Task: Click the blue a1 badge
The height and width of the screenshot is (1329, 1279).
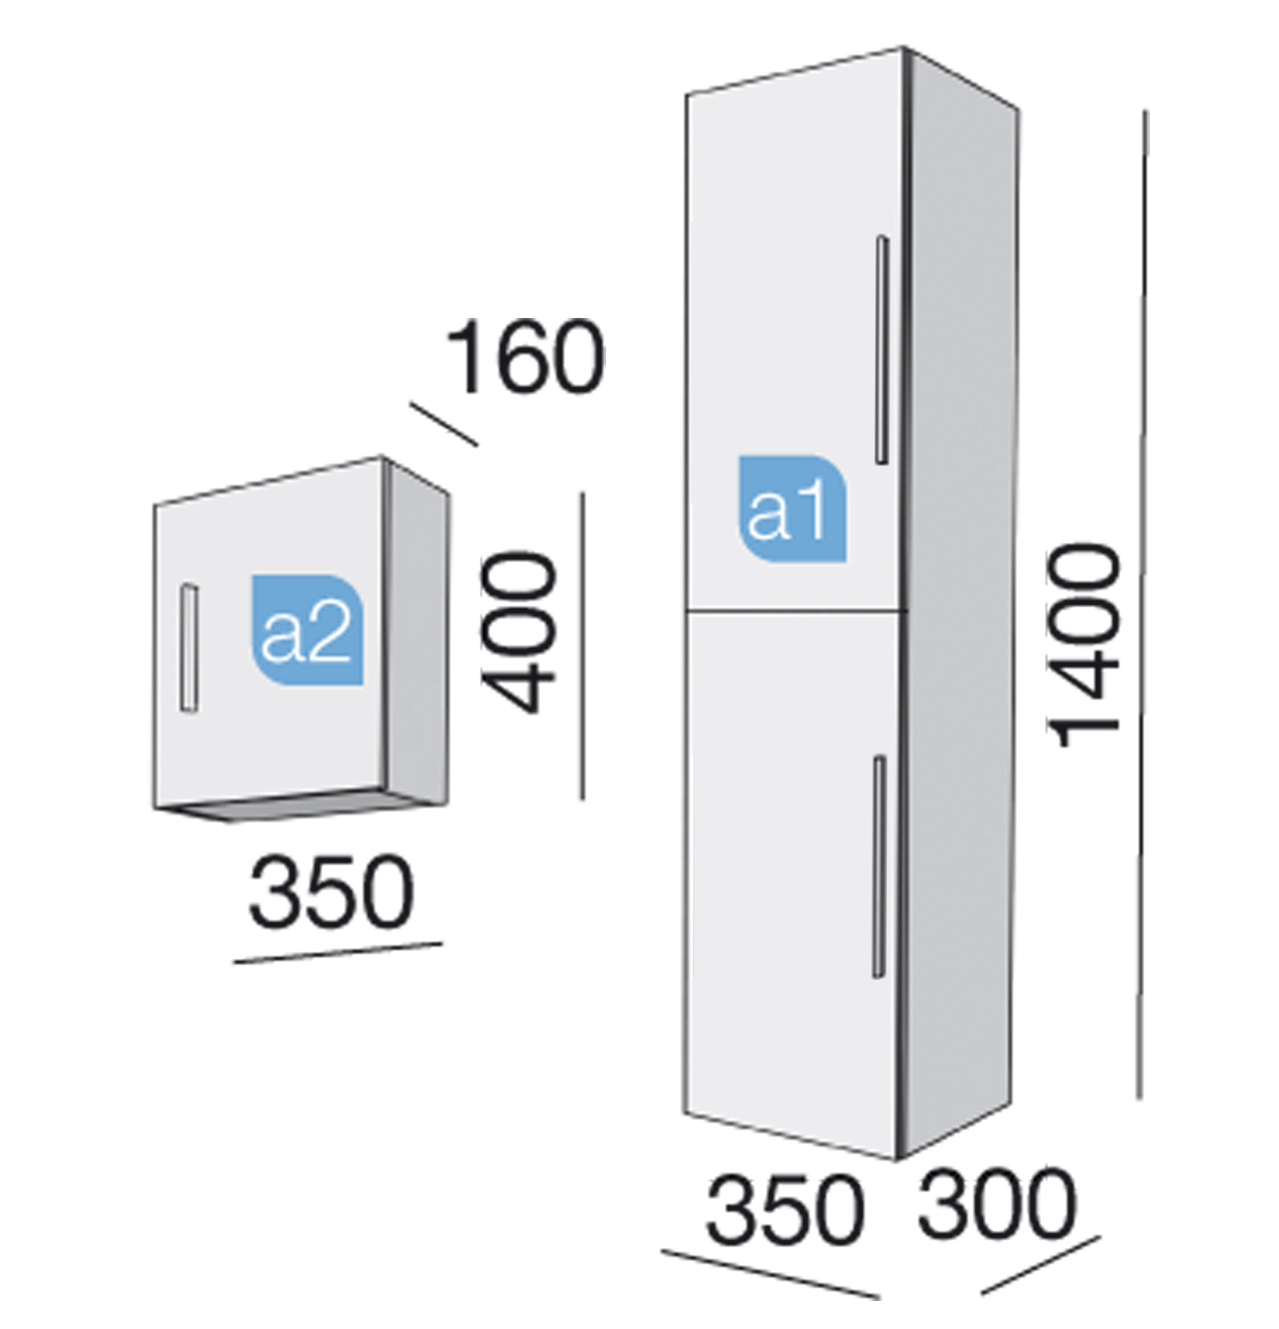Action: click(x=792, y=508)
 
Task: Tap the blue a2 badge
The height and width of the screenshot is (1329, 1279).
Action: click(x=307, y=630)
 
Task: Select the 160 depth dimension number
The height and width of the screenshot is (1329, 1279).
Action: click(x=524, y=357)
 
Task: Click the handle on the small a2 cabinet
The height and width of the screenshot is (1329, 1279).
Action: click(x=189, y=648)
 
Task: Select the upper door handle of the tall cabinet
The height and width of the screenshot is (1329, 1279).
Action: click(x=882, y=350)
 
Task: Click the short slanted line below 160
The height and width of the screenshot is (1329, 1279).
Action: click(x=444, y=425)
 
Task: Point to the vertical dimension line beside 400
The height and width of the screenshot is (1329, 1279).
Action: click(x=582, y=646)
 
